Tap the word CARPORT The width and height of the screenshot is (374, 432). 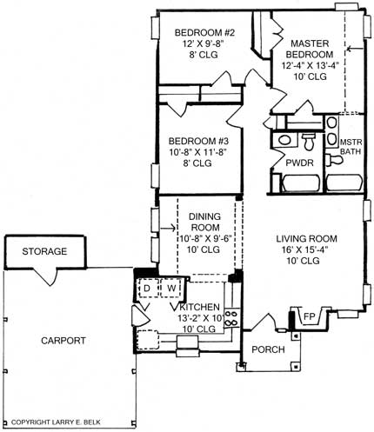click(x=63, y=341)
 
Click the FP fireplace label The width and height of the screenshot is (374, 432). click(x=308, y=317)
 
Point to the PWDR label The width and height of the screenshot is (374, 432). click(x=286, y=162)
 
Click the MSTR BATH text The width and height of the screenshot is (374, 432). click(x=350, y=148)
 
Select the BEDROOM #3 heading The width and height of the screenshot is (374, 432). click(x=197, y=142)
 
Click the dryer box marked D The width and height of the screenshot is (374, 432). click(x=148, y=287)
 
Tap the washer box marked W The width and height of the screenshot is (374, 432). click(x=171, y=287)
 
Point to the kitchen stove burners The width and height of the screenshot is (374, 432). click(x=230, y=318)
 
